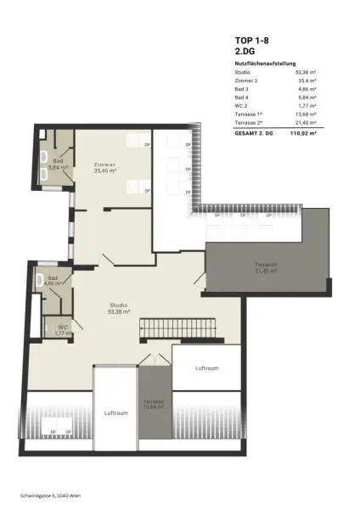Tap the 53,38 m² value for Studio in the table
307,74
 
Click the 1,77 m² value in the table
307,103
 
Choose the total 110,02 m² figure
302,133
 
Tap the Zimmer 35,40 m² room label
105,167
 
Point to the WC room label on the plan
63,329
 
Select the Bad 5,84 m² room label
58,163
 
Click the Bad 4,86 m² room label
53,280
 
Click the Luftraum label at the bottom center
115,413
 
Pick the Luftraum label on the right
207,368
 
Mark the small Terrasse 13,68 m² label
155,404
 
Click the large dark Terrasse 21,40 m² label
267,270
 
